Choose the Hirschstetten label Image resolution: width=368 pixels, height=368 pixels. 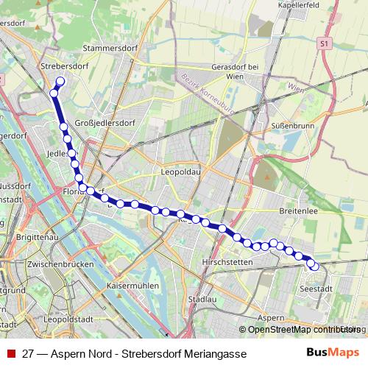tap(227, 262)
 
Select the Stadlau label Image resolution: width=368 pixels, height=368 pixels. tap(201, 300)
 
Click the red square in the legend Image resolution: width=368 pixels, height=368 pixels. tap(10, 354)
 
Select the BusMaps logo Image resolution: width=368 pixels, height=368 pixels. tap(334, 353)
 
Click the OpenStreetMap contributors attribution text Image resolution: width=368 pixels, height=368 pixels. tap(302, 329)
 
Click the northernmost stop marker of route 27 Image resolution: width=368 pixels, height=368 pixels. tap(60, 82)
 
